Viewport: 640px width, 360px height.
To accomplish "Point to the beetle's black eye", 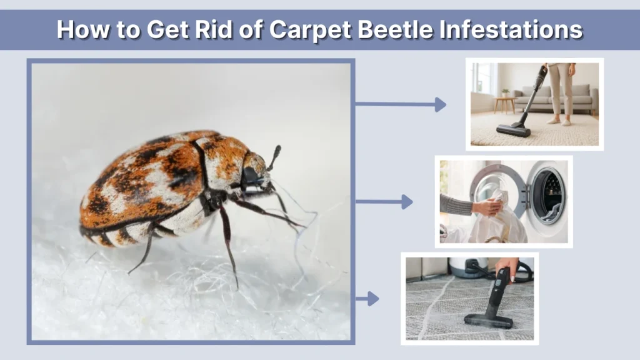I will (252, 176).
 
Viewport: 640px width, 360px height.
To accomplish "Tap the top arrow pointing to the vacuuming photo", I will (401, 104).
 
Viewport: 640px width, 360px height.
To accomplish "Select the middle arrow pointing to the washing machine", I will (384, 202).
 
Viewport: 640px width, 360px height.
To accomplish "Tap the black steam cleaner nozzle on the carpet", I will (488, 321).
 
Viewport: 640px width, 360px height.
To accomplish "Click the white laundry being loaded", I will (500, 225).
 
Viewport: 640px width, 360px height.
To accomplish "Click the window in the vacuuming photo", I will (482, 77).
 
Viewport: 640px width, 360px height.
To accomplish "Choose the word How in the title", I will (78, 29).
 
